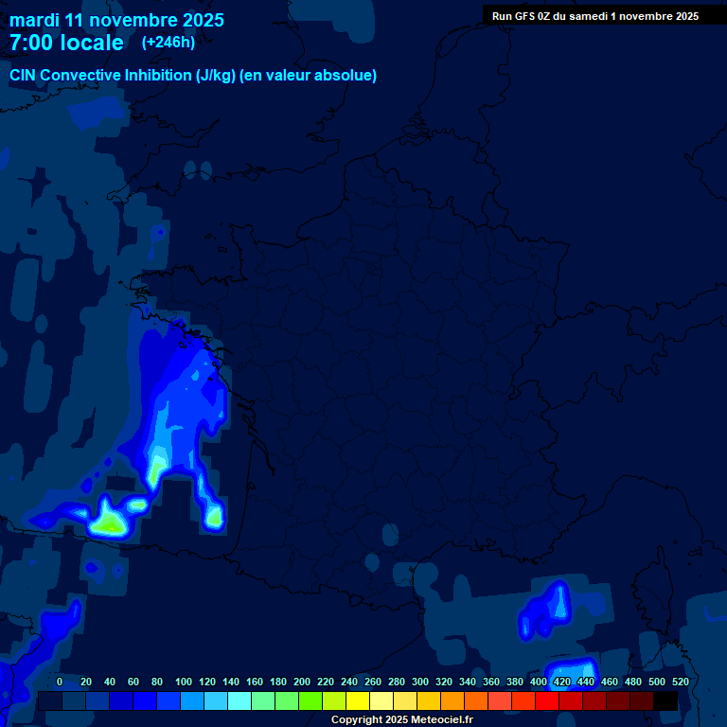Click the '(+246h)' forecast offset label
tap(168, 43)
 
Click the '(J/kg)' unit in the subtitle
tap(217, 76)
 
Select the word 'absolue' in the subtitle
tap(347, 76)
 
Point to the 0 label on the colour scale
tap(61, 682)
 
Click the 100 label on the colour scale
tap(184, 682)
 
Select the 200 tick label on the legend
tap(302, 682)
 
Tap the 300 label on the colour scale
tap(419, 682)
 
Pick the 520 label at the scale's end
tap(680, 682)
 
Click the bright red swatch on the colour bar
tap(547, 701)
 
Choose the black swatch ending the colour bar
tap(665, 701)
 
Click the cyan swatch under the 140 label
tap(239, 701)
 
